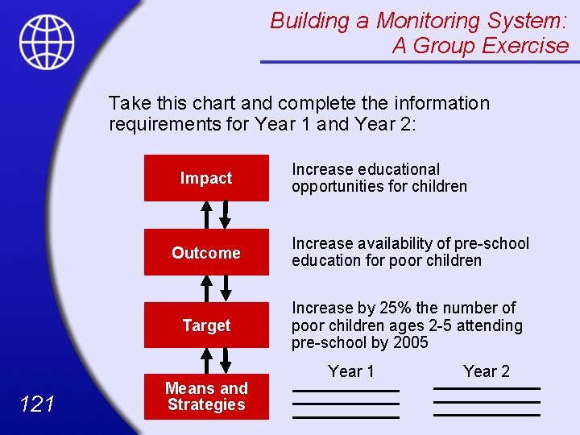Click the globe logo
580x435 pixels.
tap(47, 42)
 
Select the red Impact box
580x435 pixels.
tap(206, 178)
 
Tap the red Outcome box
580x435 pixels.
tap(206, 253)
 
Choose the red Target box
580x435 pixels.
tap(206, 325)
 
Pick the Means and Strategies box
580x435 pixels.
tap(206, 396)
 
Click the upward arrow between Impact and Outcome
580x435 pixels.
tap(207, 214)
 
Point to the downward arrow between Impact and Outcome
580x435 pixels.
tap(226, 214)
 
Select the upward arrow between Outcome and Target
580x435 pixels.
tap(207, 288)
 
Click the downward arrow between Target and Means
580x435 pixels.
tap(226, 360)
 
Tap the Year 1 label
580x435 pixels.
tap(351, 371)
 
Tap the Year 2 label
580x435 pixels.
tap(487, 371)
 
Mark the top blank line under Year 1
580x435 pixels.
tap(346, 391)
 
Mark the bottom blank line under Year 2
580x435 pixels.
tap(487, 416)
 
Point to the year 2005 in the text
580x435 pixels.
tap(410, 343)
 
